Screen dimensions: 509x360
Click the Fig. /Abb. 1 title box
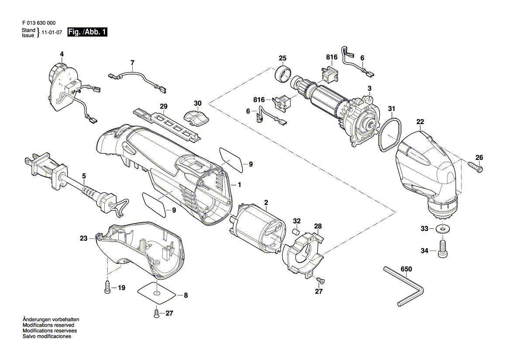coord(87,32)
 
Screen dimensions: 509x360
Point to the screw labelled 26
coord(475,166)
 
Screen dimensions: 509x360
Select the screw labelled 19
coord(108,287)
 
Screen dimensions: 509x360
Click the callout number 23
coord(84,239)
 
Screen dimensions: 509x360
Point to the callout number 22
coord(420,122)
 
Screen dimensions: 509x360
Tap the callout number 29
coord(164,106)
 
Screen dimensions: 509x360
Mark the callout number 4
coord(62,54)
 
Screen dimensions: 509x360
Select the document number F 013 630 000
coord(38,23)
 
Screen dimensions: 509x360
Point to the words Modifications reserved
coord(48,325)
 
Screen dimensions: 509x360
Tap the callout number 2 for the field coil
coord(266,203)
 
